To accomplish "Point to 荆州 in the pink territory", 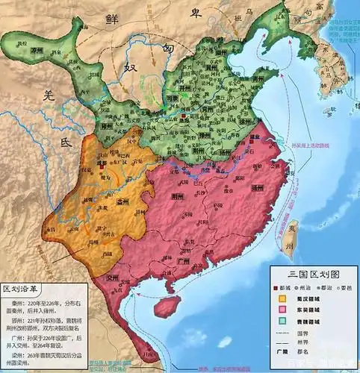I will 177,197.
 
